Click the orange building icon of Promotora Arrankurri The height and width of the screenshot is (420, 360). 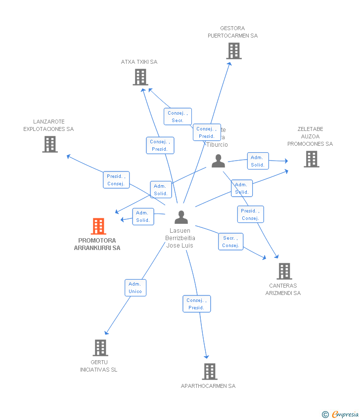coord(98,226)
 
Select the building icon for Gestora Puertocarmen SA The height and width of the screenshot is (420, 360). coord(234,51)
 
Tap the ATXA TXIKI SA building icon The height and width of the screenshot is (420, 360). coord(140,77)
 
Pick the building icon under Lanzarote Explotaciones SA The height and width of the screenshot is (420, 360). coord(50,144)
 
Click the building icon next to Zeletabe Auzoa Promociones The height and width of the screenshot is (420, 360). coord(311,159)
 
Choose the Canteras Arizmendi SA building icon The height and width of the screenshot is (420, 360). coord(284,271)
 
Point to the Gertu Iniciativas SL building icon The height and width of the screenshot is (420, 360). coord(100,348)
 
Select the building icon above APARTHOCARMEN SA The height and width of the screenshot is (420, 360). coord(210,372)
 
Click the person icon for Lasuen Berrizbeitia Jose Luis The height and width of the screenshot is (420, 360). coord(181,217)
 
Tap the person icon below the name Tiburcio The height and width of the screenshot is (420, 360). coord(218,161)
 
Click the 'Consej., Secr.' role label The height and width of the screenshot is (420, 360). coord(178,117)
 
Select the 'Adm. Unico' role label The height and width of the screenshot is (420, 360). coord(135,288)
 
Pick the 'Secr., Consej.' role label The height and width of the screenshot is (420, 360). coord(230,242)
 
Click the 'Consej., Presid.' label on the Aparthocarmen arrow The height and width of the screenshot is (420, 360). coord(196,304)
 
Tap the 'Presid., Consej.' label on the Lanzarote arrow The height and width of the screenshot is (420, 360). coord(116,180)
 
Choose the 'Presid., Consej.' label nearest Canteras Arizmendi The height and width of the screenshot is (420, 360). coord(250,214)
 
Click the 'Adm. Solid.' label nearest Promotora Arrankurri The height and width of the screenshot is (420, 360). coord(143,216)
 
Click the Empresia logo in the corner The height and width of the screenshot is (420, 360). coord(345,415)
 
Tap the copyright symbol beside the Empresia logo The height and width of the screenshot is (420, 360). coord(325,415)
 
